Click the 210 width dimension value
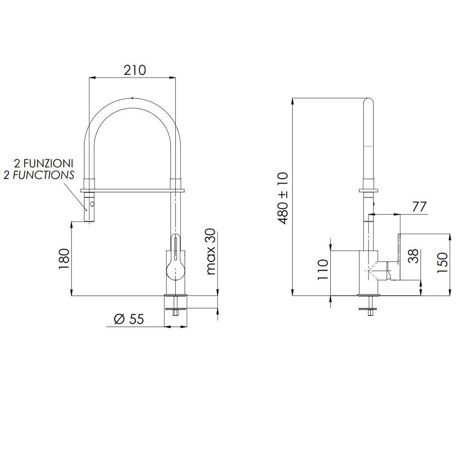(134, 70)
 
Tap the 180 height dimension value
(64, 259)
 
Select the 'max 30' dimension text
(211, 252)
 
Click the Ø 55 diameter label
(129, 319)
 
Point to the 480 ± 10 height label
(283, 198)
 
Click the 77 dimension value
(419, 207)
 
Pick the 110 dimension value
(323, 269)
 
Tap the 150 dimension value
(442, 263)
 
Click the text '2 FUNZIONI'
(44, 163)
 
